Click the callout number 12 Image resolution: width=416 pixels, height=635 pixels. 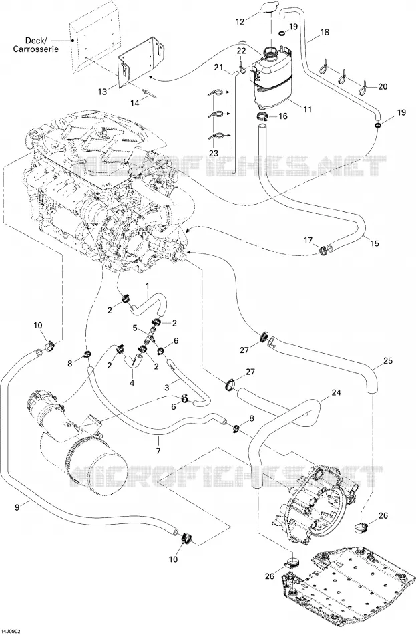pos(240,21)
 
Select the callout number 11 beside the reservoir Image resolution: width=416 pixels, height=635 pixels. pos(308,109)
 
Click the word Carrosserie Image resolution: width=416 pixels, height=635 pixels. pos(36,49)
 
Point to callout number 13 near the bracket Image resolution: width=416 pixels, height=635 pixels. pos(102,92)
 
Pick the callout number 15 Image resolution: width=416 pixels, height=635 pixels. pos(375,243)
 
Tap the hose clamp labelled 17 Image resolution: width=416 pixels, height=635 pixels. pos(323,251)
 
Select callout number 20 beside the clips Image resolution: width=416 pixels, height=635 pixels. pos(383,86)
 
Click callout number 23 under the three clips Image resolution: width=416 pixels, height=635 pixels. pos(213,153)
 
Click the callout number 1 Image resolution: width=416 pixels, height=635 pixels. pos(148,286)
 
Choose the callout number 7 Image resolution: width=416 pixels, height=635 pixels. pos(158,451)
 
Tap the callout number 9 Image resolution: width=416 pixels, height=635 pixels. pos(17,506)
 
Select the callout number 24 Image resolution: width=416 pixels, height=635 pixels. pos(337,392)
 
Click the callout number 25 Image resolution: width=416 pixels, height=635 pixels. pos(388,360)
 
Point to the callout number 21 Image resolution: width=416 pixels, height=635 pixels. pos(219,68)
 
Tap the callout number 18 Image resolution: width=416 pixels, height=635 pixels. pos(325,32)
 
